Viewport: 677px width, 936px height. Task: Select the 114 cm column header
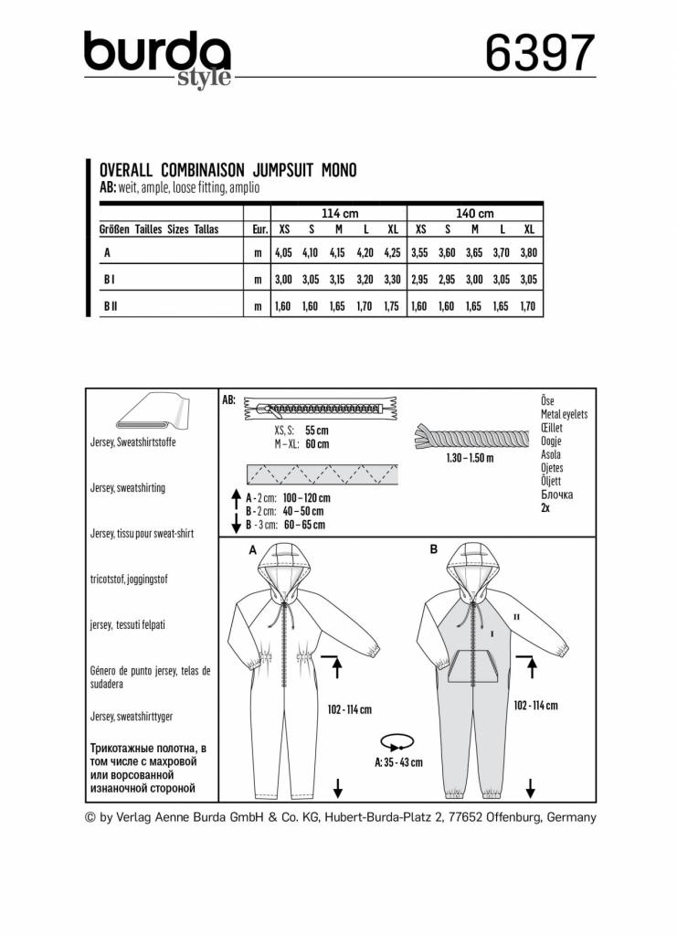[x=336, y=212]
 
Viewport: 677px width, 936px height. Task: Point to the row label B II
[x=110, y=309]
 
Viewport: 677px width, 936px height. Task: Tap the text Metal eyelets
[x=564, y=414]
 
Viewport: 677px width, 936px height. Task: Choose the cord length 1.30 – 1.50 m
[x=469, y=458]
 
